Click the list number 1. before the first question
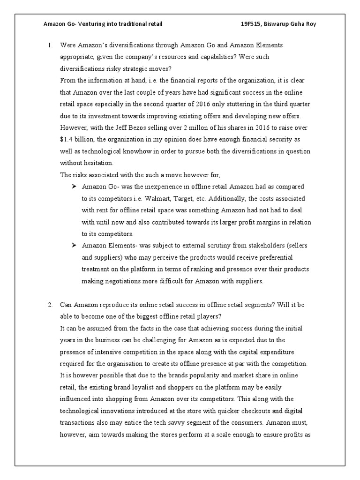[x=50, y=45]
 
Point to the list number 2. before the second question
[x=50, y=305]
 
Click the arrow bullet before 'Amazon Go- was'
[x=74, y=187]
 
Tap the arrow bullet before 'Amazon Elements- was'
[x=74, y=246]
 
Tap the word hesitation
[x=97, y=163]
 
